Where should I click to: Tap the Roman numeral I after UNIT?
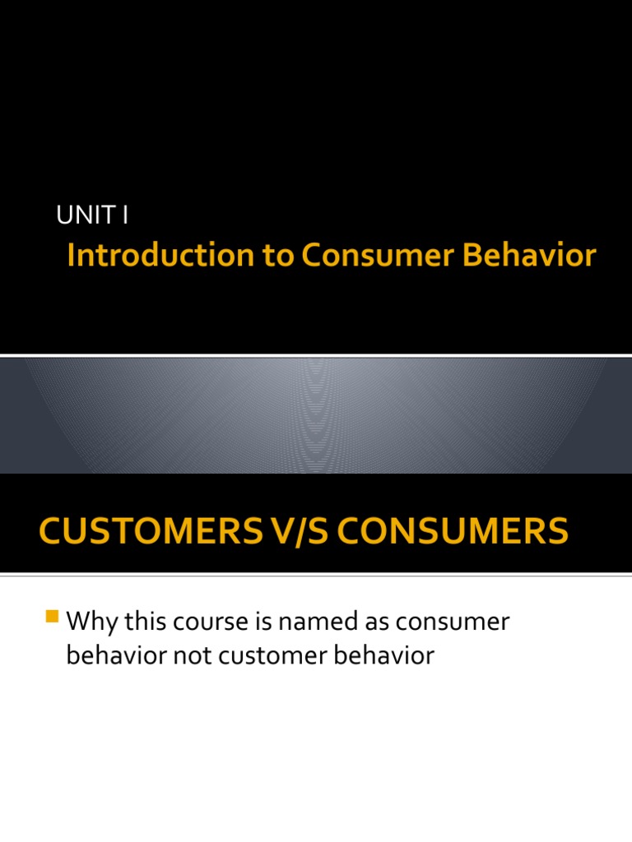125,215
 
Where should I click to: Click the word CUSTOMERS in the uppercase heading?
148,531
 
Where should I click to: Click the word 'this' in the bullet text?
142,622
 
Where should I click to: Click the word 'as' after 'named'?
371,622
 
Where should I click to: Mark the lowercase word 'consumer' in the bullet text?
453,622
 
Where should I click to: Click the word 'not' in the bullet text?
187,656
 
